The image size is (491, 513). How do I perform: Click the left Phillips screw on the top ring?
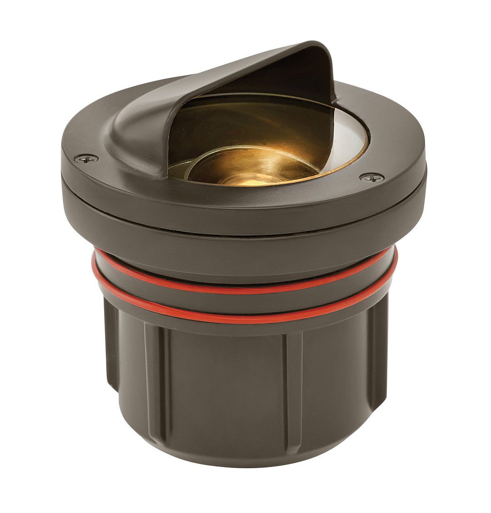click(86, 159)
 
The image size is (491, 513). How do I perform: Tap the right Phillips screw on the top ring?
click(372, 178)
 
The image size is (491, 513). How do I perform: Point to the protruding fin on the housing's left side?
click(112, 345)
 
